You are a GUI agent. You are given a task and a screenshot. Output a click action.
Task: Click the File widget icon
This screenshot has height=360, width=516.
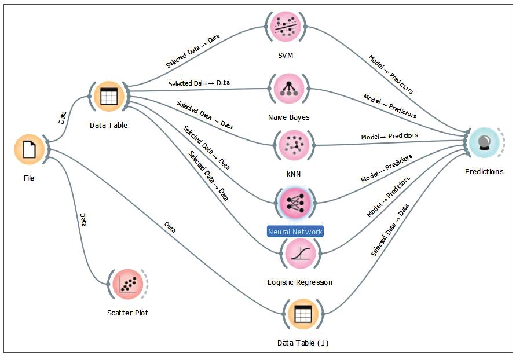[29, 149]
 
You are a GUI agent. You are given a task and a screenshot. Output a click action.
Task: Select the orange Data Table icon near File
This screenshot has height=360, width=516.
[108, 97]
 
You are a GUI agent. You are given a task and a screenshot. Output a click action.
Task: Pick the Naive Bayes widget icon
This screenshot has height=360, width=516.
[288, 89]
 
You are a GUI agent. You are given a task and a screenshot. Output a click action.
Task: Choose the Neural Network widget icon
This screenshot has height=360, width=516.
[295, 201]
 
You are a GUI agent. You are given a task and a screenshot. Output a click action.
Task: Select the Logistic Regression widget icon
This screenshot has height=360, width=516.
[299, 254]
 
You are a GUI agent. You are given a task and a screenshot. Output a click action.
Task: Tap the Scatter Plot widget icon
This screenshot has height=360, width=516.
[127, 284]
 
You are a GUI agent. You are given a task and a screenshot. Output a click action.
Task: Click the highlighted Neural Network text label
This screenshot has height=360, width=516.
[295, 232]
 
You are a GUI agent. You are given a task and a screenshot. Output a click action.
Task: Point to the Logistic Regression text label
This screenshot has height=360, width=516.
[300, 282]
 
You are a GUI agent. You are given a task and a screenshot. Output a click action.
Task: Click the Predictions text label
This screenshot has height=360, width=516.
[484, 172]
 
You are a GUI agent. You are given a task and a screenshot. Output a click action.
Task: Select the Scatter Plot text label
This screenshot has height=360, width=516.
[127, 313]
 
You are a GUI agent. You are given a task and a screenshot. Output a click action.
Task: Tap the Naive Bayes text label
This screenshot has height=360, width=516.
[288, 117]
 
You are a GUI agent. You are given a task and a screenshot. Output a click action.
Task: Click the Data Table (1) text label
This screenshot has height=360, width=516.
[303, 343]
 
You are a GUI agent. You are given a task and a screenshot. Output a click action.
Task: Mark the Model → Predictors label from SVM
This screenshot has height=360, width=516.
[391, 75]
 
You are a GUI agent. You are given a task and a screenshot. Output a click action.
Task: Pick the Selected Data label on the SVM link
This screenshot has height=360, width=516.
[193, 52]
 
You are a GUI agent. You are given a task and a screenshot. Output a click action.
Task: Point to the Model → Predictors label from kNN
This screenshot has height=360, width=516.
[389, 137]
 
